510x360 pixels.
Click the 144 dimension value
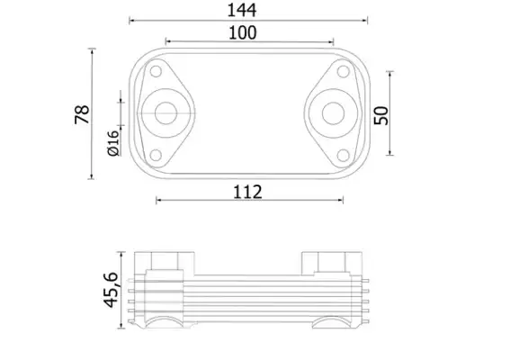[x=242, y=10]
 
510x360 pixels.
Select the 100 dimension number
[x=243, y=33]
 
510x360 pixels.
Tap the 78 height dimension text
[x=82, y=114]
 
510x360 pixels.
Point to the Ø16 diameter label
[x=113, y=143]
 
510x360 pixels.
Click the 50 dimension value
[x=381, y=115]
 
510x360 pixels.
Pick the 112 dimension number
[x=247, y=192]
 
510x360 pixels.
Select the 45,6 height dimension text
[x=111, y=290]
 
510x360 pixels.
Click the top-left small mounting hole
[x=157, y=71]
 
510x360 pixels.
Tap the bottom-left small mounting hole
[x=156, y=156]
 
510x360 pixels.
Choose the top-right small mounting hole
[x=343, y=71]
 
